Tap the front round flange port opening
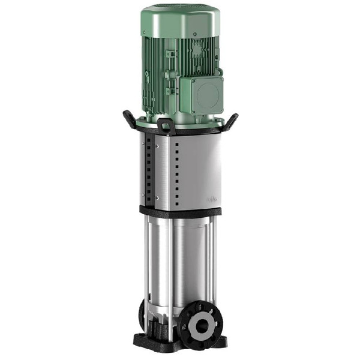tap(197, 326)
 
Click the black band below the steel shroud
tap(180, 211)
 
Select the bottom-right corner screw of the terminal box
tap(220, 109)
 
